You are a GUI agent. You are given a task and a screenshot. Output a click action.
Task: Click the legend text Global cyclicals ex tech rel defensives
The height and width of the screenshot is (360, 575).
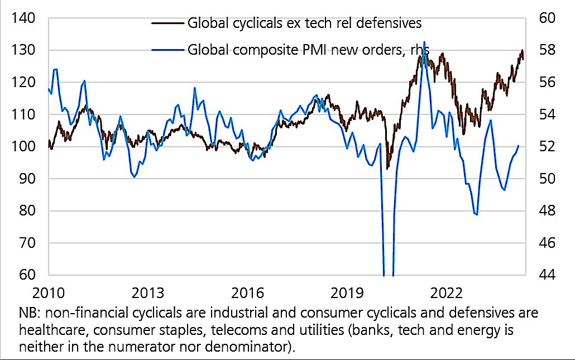coord(304,23)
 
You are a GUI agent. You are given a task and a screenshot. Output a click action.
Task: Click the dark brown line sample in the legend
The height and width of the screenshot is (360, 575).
coord(167,23)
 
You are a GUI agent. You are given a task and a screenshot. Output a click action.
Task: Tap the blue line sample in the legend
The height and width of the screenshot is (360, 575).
coord(167,49)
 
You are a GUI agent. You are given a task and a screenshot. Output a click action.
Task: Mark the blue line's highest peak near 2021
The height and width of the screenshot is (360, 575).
coord(424,42)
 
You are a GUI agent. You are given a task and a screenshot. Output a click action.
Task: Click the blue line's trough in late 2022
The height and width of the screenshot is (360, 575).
coord(476,214)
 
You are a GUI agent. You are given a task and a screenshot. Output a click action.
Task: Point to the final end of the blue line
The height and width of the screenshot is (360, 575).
coord(519,146)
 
